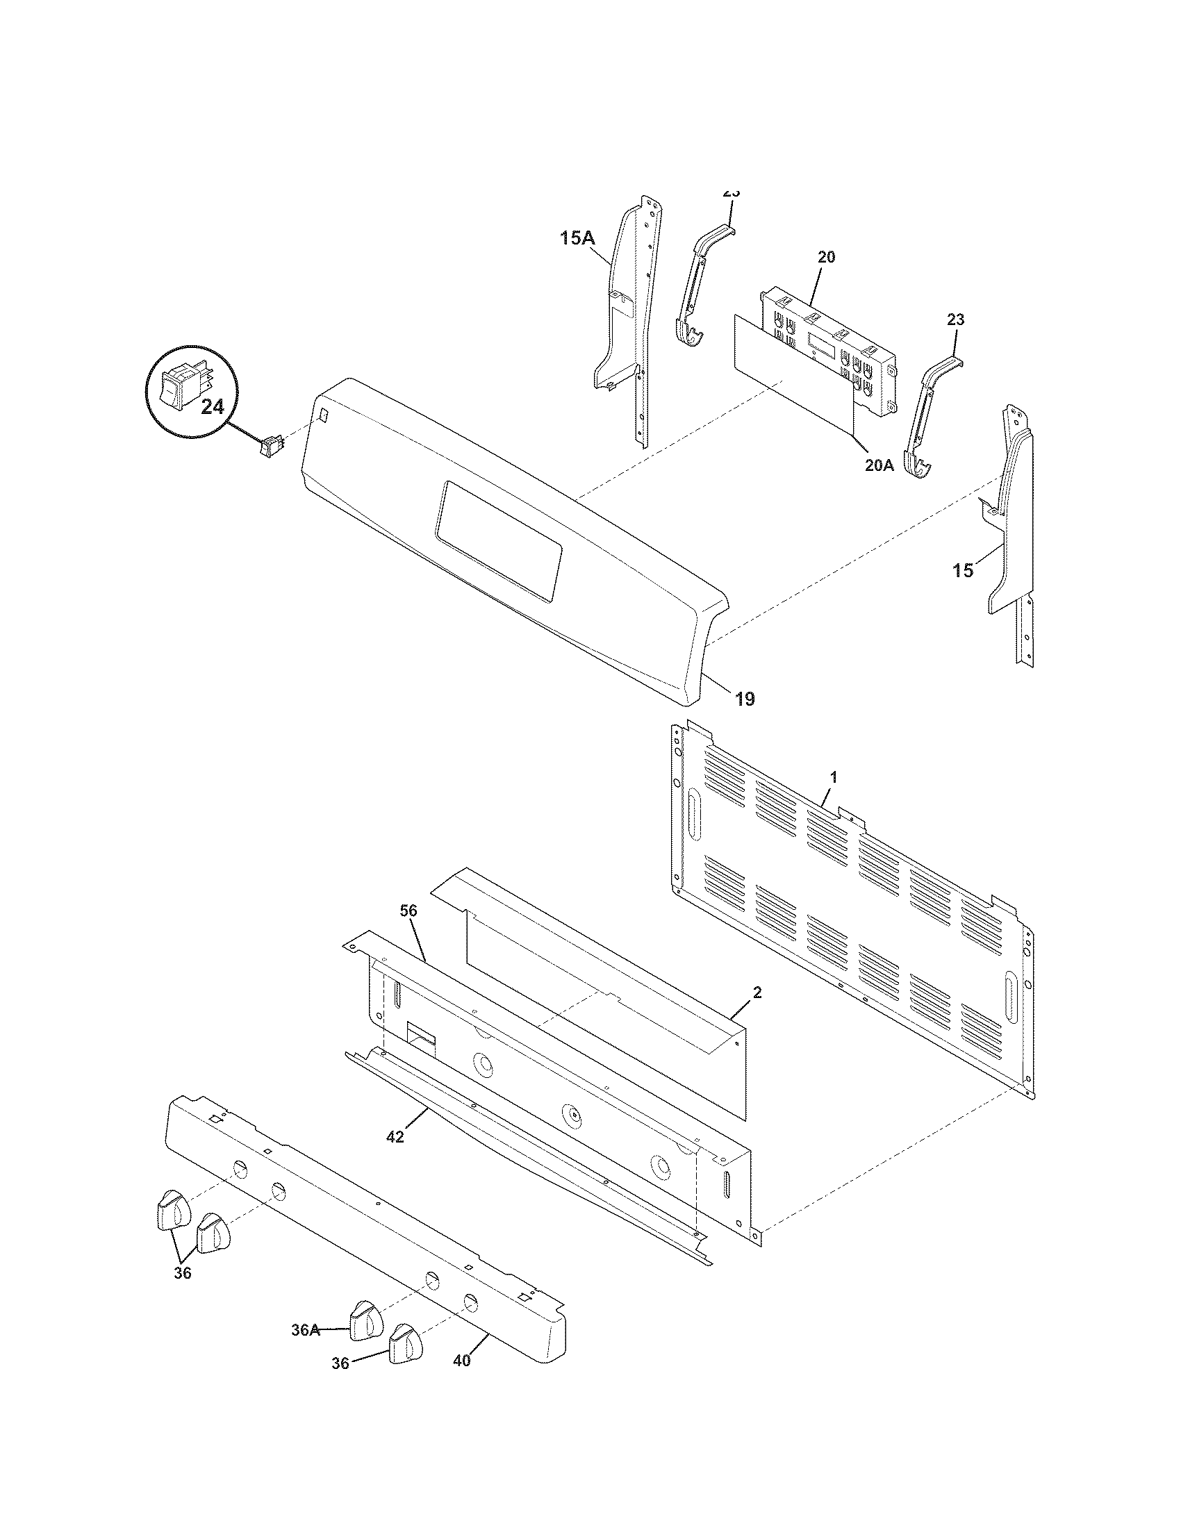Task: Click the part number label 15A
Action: [x=577, y=238]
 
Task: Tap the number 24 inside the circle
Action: [x=213, y=406]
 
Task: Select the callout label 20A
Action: [x=879, y=465]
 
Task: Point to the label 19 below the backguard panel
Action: [x=745, y=698]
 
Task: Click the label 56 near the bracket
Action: [x=408, y=911]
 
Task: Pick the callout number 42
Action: [x=395, y=1138]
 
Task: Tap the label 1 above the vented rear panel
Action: [x=833, y=777]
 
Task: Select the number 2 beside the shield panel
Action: [x=758, y=993]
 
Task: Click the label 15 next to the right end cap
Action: [x=963, y=571]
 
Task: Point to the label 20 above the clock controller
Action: [x=826, y=257]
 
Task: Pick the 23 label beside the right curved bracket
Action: [x=956, y=319]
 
